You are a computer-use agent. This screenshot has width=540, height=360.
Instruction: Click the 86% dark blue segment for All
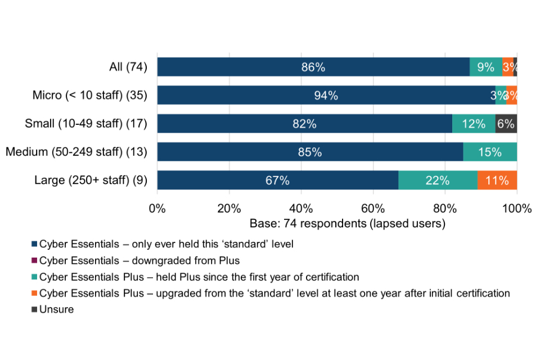tap(313, 67)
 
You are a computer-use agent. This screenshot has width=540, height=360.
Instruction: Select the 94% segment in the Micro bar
tap(326, 96)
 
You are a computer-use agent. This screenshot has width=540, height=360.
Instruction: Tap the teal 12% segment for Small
tap(474, 124)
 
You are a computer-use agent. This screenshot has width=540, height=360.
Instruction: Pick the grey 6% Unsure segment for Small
tap(506, 124)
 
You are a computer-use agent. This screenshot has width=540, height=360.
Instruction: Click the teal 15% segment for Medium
tap(490, 152)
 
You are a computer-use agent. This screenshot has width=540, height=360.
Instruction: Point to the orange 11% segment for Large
tap(497, 181)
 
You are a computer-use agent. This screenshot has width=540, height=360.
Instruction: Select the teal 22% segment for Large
tap(438, 181)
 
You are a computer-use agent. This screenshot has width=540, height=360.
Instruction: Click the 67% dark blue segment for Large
tap(277, 181)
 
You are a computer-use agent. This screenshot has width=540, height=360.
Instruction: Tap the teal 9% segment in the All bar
tap(486, 67)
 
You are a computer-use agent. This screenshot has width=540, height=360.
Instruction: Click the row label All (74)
tap(128, 67)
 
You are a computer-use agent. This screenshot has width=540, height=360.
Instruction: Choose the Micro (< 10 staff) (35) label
tap(90, 96)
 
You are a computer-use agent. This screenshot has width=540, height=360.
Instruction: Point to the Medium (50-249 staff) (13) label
tap(76, 152)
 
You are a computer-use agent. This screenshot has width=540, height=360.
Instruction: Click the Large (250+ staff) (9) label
tap(91, 181)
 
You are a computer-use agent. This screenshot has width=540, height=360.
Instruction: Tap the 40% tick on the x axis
tap(301, 209)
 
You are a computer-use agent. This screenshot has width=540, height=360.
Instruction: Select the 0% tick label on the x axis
tap(157, 209)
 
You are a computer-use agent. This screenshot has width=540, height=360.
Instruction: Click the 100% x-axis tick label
tap(517, 209)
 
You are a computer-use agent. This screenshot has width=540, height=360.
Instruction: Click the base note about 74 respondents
tap(347, 224)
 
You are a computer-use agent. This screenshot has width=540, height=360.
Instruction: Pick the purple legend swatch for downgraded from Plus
tap(35, 260)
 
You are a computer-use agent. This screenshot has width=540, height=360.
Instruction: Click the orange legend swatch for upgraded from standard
tap(35, 293)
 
